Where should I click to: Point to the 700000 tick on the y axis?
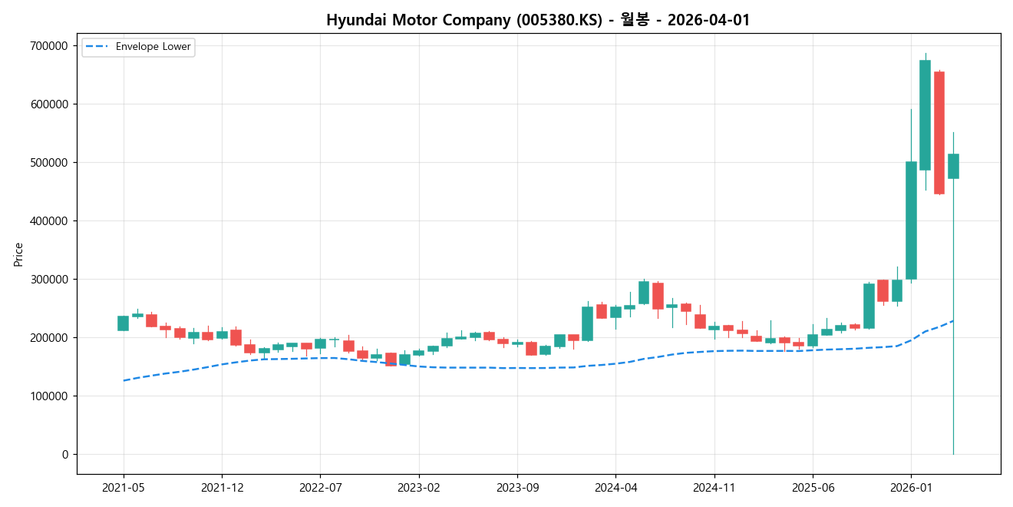pyautogui.click(x=48, y=46)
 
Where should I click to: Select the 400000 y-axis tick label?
pyautogui.click(x=48, y=221)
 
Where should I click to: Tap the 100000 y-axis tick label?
pyautogui.click(x=48, y=396)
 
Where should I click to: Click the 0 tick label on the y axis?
pyautogui.click(x=64, y=455)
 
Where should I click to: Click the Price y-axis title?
pyautogui.click(x=18, y=254)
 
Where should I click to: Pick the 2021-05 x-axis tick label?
pyautogui.click(x=124, y=488)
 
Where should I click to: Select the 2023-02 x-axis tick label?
pyautogui.click(x=419, y=488)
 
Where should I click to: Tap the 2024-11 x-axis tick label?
pyautogui.click(x=714, y=488)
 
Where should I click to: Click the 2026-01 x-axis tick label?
pyautogui.click(x=911, y=488)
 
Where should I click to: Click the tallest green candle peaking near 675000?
pyautogui.click(x=925, y=115)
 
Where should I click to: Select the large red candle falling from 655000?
pyautogui.click(x=939, y=132)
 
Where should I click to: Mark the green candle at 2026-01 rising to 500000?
pyautogui.click(x=911, y=220)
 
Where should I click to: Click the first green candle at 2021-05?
pyautogui.click(x=123, y=323)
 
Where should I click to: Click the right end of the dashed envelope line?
pyautogui.click(x=953, y=321)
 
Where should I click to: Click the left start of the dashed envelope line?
pyautogui.click(x=124, y=380)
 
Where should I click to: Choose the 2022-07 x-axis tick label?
pyautogui.click(x=320, y=488)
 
